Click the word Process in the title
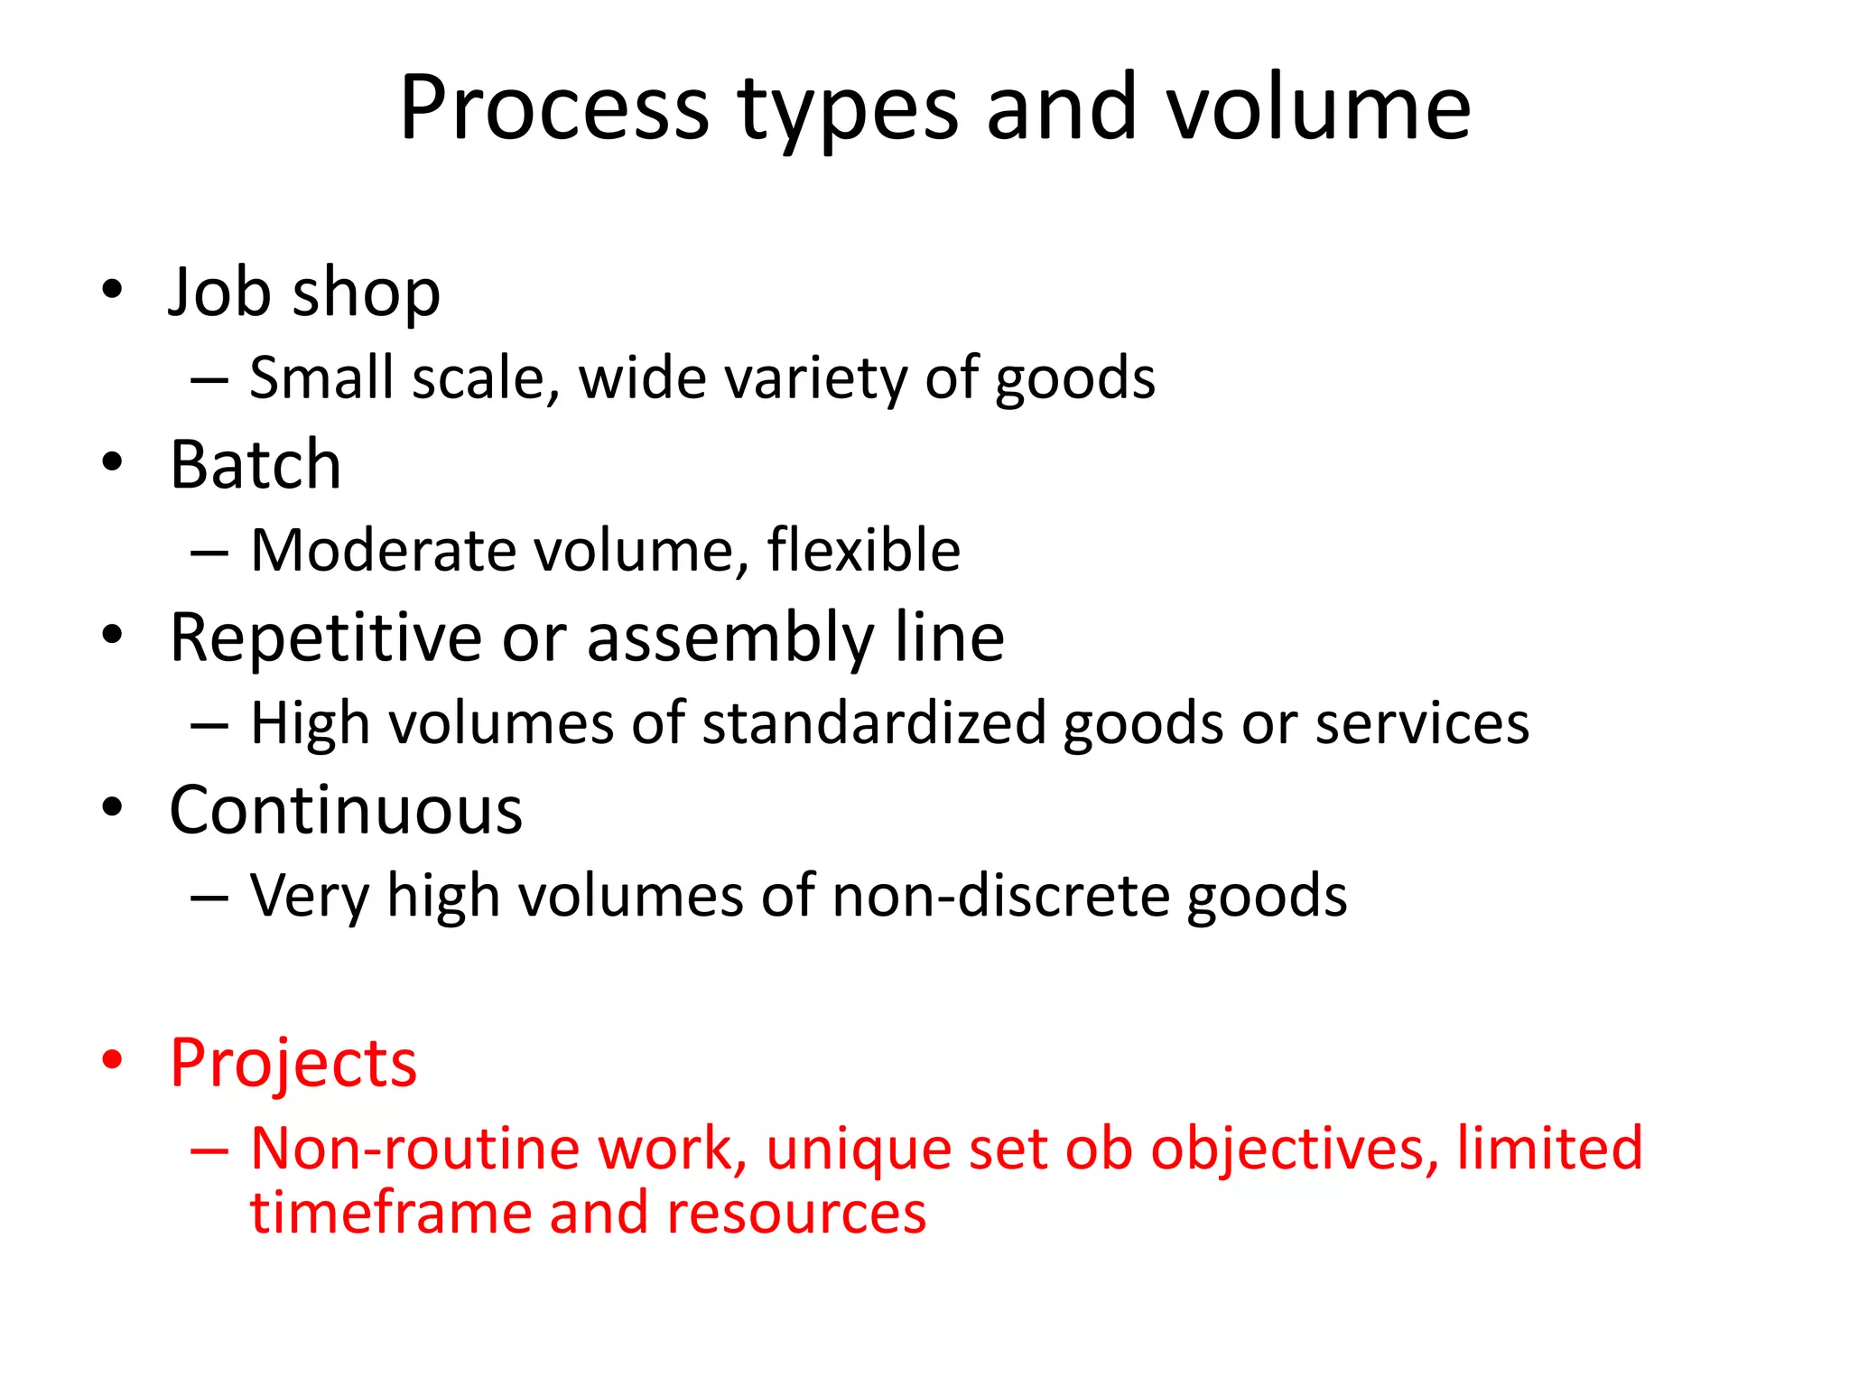[554, 108]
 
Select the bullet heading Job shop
[304, 293]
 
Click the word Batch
[256, 465]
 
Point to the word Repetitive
[325, 638]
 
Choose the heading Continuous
[346, 810]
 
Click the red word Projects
[293, 1063]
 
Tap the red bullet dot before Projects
[111, 1060]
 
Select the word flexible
[863, 550]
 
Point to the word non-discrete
[1000, 896]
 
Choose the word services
[1422, 723]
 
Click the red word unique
[859, 1150]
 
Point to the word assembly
[729, 638]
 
